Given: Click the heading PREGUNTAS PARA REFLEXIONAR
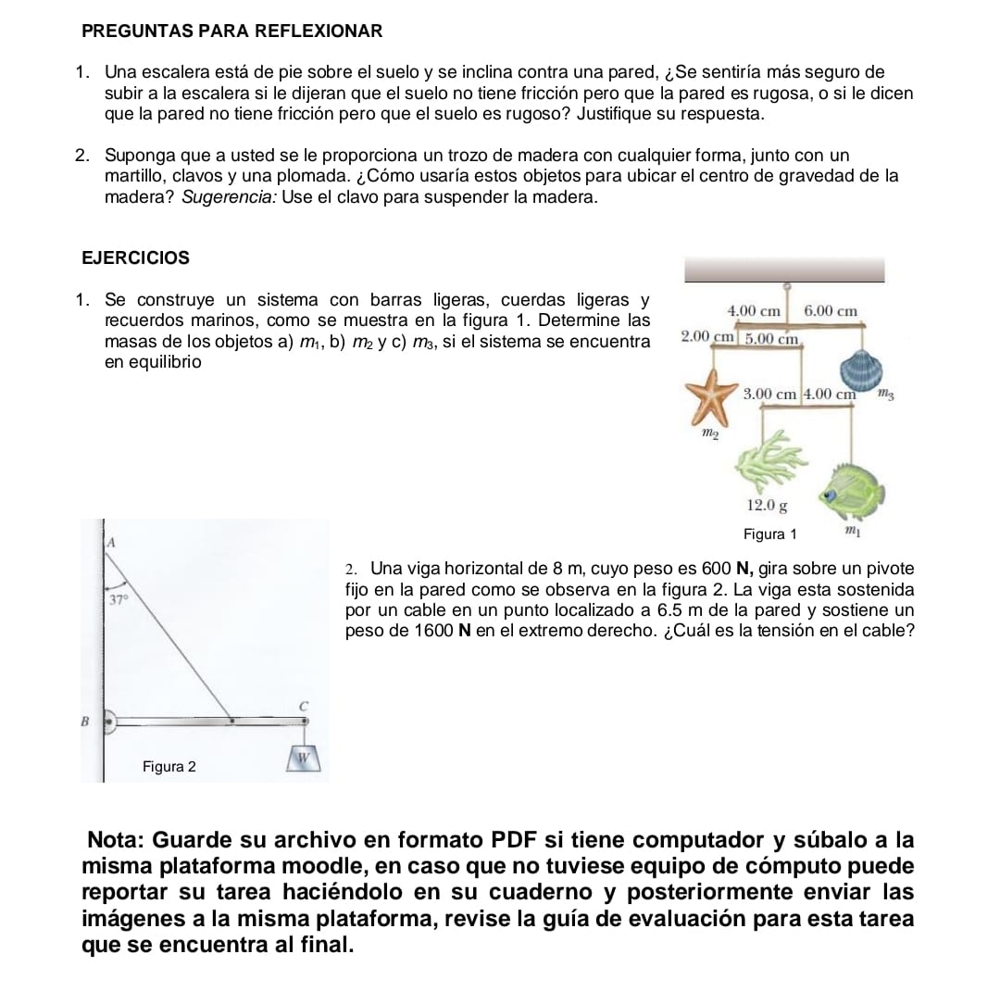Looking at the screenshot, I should (231, 31).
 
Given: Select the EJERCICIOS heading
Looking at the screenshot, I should (135, 257).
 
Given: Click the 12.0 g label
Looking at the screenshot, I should (767, 506).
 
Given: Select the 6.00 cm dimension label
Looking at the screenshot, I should (831, 311).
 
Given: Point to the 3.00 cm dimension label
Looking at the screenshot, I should (770, 394).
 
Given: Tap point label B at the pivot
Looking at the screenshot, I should (85, 720).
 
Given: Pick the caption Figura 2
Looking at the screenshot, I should (169, 767).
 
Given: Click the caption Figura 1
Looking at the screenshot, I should (769, 533).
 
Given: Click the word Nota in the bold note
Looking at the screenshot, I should (117, 840).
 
